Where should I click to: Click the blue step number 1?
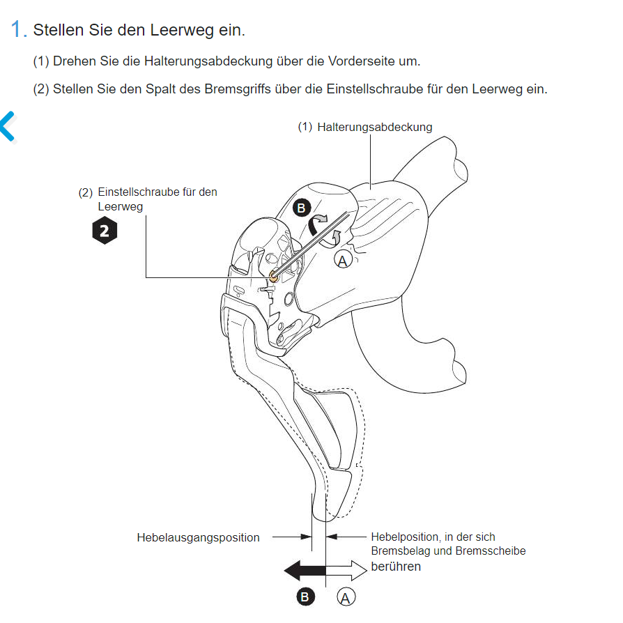pyautogui.click(x=16, y=29)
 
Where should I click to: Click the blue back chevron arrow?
pyautogui.click(x=8, y=126)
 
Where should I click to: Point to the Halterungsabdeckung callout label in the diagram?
pyautogui.click(x=375, y=127)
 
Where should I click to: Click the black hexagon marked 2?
pyautogui.click(x=105, y=231)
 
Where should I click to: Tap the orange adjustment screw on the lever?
pyautogui.click(x=273, y=275)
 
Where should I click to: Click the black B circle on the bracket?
pyautogui.click(x=302, y=208)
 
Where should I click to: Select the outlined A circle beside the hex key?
pyautogui.click(x=343, y=261)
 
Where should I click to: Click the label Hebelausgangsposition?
pyautogui.click(x=199, y=537)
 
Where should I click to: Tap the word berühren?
pyautogui.click(x=396, y=566)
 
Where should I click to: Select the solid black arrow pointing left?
pyautogui.click(x=305, y=571)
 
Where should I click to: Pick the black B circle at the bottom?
pyautogui.click(x=305, y=597)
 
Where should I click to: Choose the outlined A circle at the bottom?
pyautogui.click(x=346, y=597)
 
